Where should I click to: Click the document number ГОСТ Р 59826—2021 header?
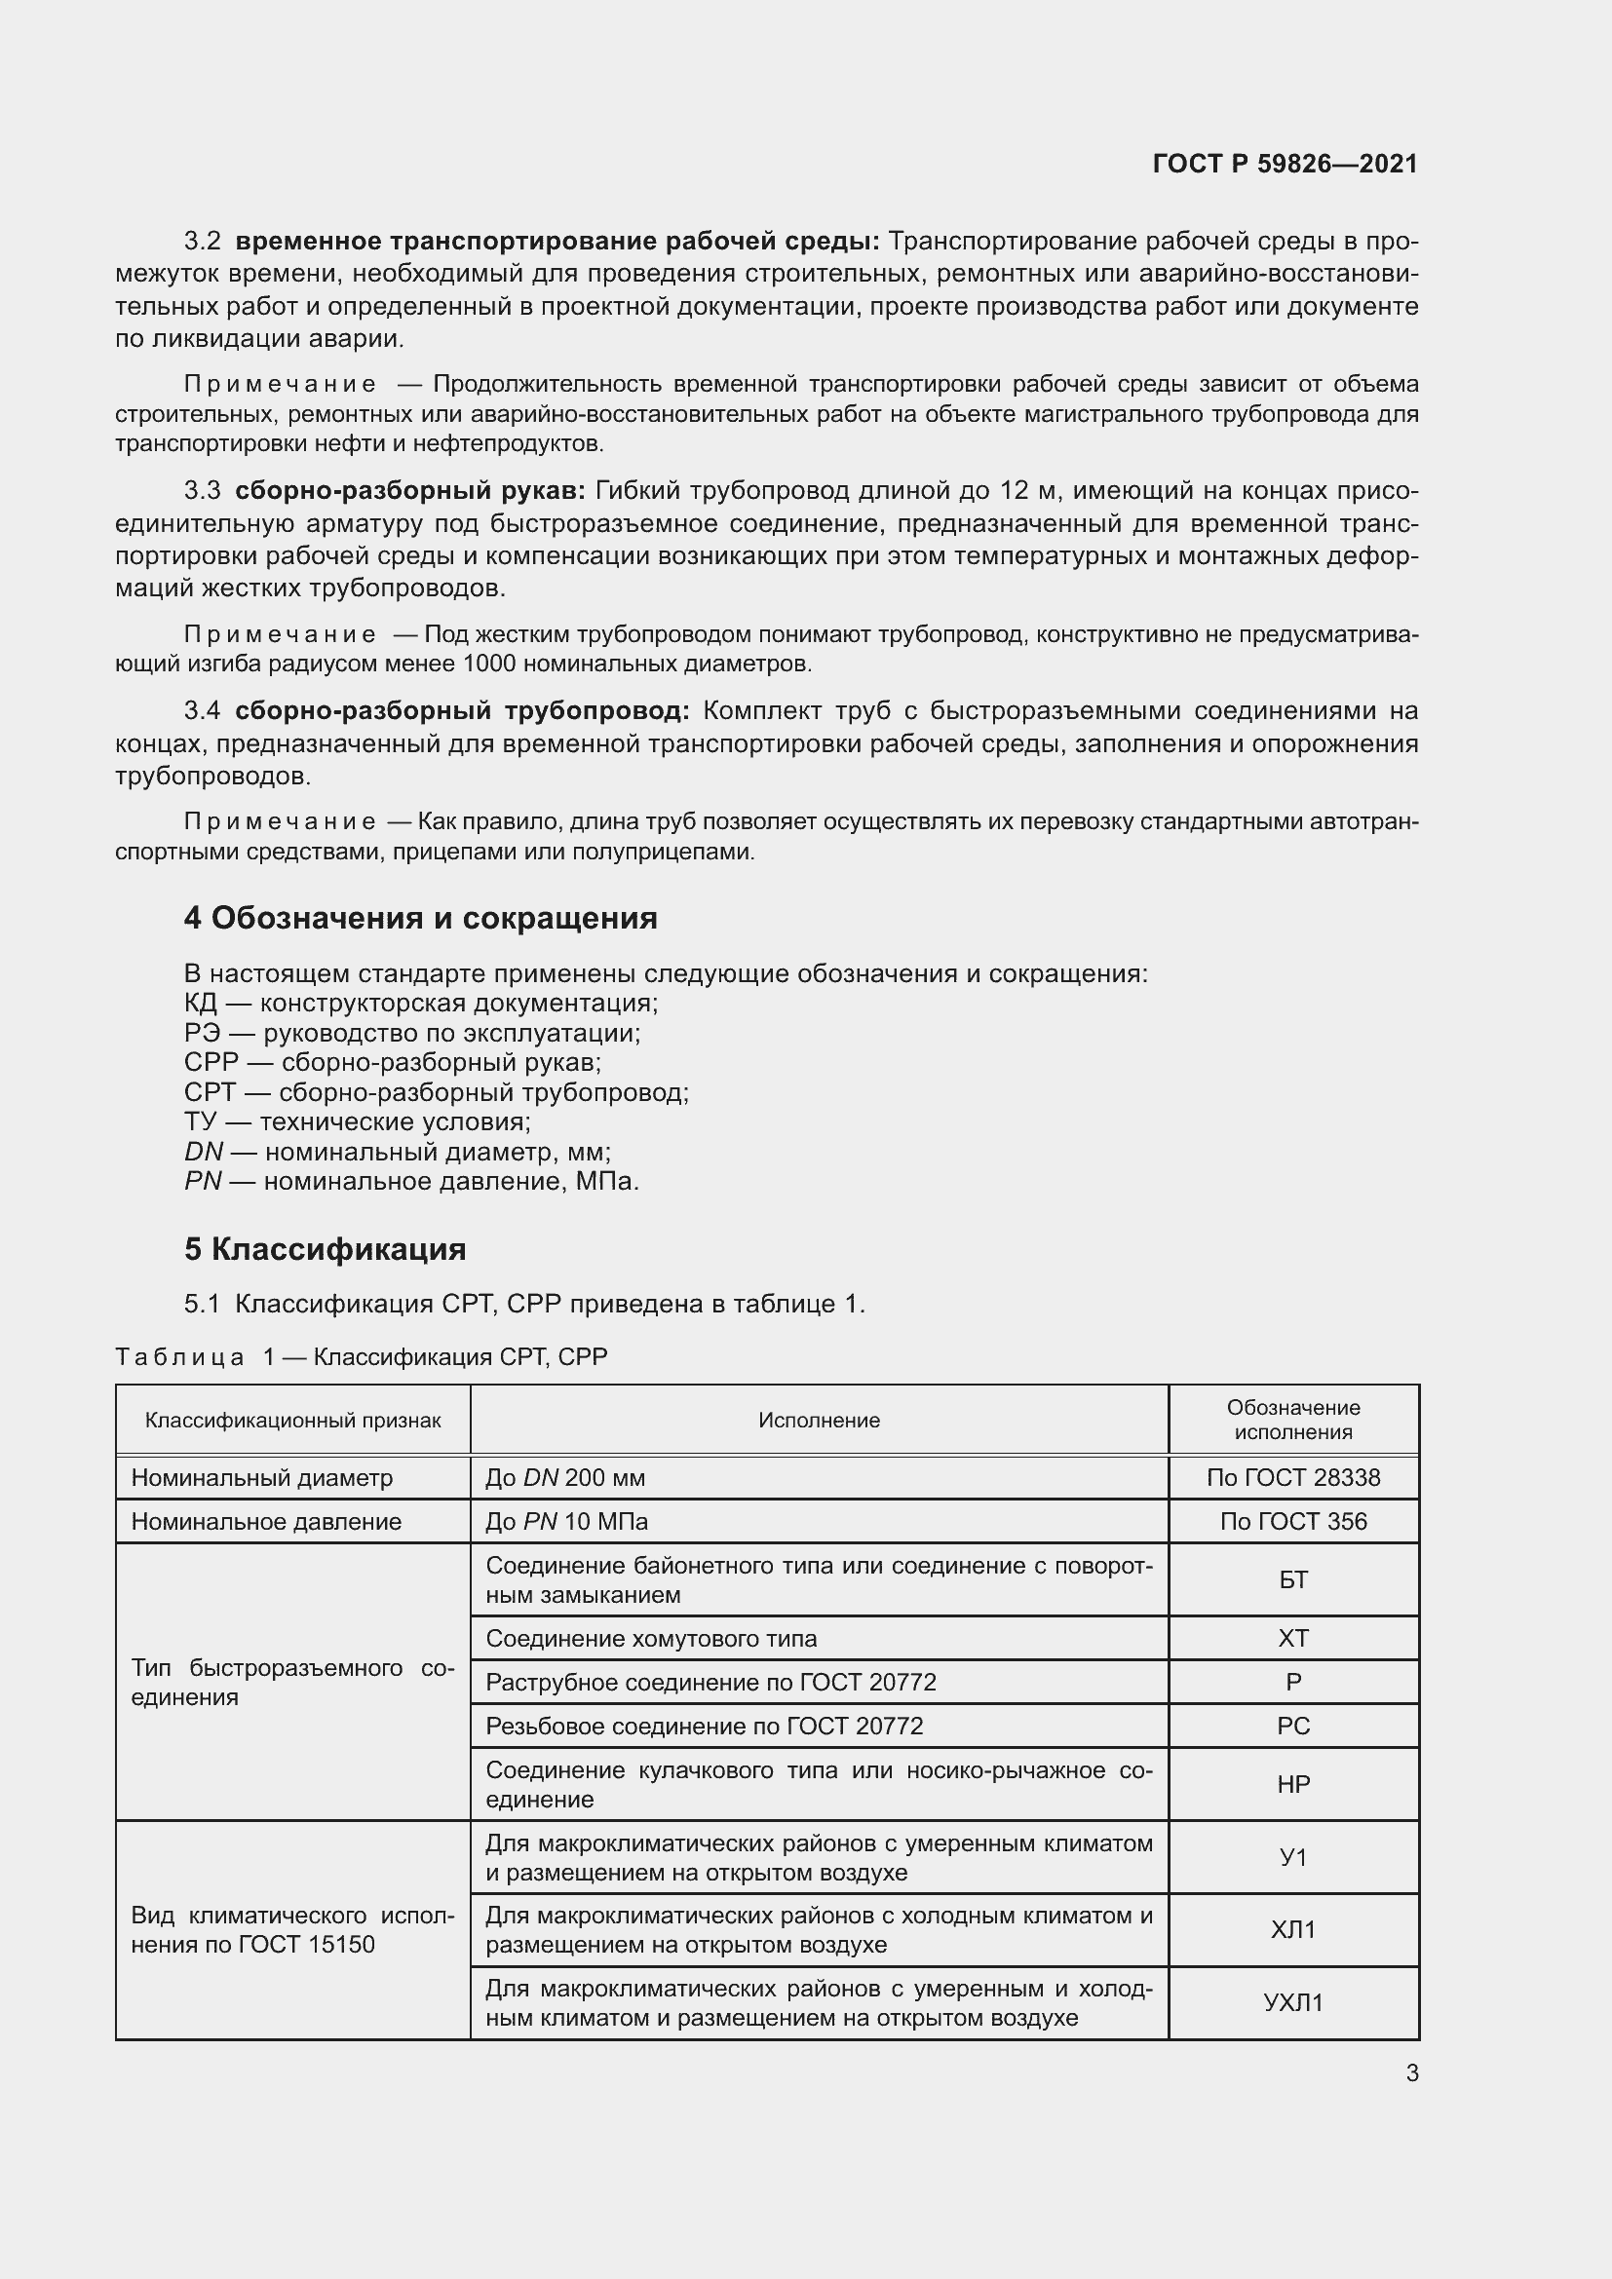click(1285, 164)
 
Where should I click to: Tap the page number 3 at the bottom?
click(1411, 2072)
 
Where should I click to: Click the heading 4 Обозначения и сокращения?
click(420, 918)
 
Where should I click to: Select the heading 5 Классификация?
click(325, 1249)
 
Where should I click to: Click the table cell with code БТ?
click(1292, 1579)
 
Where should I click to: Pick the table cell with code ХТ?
click(1292, 1639)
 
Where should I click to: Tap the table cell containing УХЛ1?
click(1292, 2003)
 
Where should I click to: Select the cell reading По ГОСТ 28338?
click(1292, 1478)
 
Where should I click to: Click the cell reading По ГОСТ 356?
click(1292, 1522)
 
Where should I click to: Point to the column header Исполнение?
click(819, 1421)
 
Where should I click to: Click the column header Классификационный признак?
click(292, 1421)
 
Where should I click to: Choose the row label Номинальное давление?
click(266, 1522)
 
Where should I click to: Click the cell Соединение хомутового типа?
click(651, 1639)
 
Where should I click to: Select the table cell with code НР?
click(1292, 1784)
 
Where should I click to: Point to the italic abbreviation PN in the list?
click(203, 1181)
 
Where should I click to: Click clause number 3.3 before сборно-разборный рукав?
click(203, 491)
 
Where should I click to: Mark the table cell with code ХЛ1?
click(1292, 1929)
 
